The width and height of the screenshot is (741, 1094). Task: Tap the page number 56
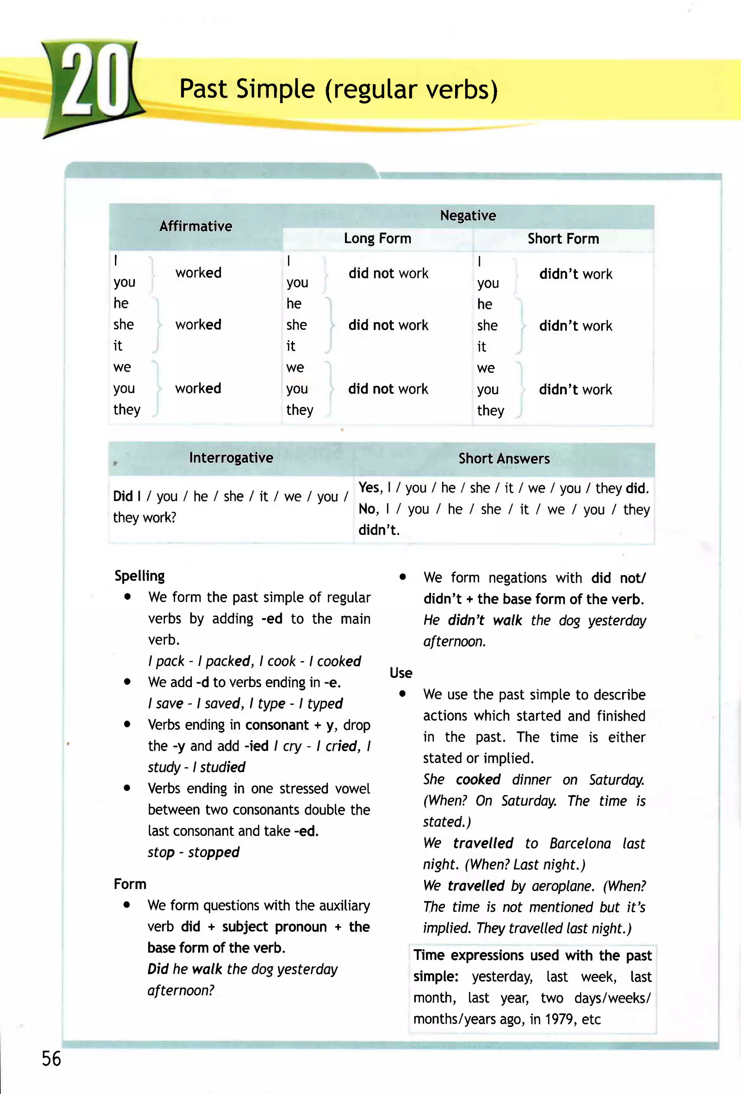tap(51, 1059)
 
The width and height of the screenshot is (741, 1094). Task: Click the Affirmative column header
tap(196, 226)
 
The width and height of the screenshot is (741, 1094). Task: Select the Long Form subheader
tap(377, 239)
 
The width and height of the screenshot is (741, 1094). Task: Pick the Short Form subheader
tap(563, 239)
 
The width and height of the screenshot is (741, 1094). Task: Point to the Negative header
tap(468, 216)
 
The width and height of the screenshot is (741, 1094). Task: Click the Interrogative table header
tap(231, 458)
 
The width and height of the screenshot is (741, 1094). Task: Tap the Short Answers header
tap(504, 459)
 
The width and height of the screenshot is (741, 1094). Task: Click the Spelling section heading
tap(140, 576)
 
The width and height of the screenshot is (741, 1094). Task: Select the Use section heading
tap(401, 673)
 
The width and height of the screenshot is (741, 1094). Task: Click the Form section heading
tap(130, 884)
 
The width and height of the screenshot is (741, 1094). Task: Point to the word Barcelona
tap(580, 843)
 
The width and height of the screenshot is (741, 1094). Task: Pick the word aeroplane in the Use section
tap(562, 886)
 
